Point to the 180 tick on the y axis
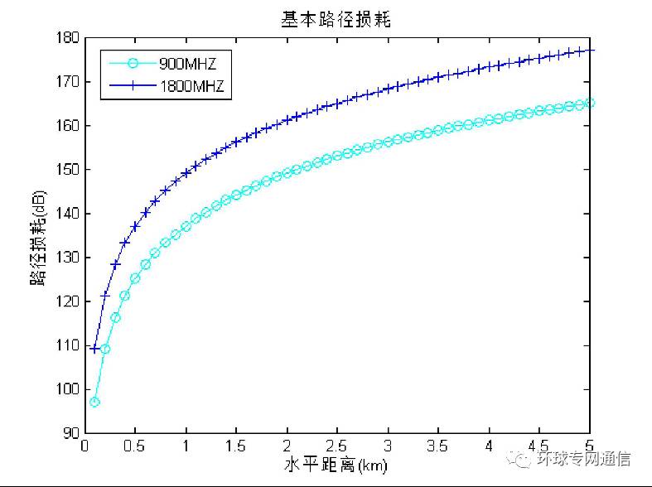coord(68,37)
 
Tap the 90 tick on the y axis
coord(71,433)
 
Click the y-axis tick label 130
coord(68,258)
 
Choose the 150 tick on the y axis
coord(68,170)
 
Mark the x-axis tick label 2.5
coord(337,446)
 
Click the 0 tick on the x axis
coord(85,446)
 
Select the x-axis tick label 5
coord(590,446)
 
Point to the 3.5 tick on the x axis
coord(438,446)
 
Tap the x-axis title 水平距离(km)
coord(337,465)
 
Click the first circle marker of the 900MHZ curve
coord(94,402)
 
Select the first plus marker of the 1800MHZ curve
coord(94,349)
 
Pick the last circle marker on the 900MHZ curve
coord(590,103)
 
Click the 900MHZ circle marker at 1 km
coord(186,226)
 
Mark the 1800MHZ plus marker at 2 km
coord(287,120)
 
